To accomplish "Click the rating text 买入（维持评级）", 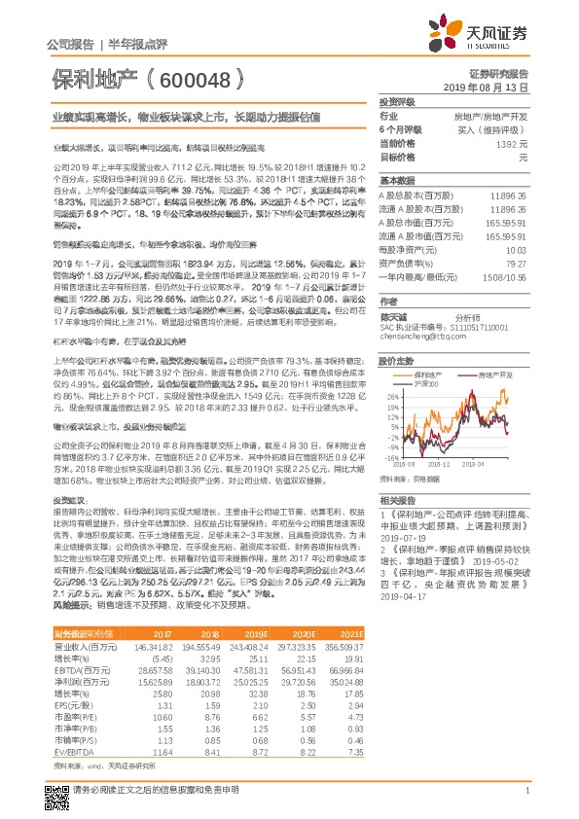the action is point(496,129).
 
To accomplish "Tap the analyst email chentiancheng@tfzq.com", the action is point(419,338).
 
